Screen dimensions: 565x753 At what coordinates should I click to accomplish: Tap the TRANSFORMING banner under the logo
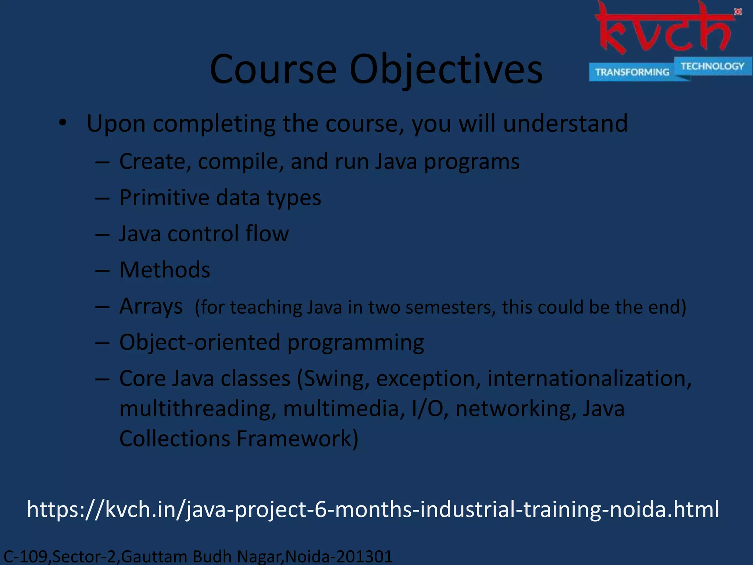click(x=632, y=72)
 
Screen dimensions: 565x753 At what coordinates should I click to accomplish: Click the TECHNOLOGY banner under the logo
click(x=712, y=66)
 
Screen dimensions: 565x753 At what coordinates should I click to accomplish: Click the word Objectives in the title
click(x=446, y=70)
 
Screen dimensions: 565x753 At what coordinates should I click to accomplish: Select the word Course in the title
click(x=273, y=70)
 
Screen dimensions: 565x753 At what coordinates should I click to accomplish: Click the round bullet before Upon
click(x=63, y=123)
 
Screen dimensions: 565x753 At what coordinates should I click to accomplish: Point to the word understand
click(x=565, y=123)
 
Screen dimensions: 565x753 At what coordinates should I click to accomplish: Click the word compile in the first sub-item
click(x=240, y=162)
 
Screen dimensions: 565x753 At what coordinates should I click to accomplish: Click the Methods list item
click(x=165, y=270)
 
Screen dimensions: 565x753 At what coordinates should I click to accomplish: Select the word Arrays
click(x=151, y=306)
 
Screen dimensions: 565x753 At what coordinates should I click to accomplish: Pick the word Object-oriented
click(x=200, y=342)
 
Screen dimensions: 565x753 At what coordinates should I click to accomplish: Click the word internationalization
click(x=589, y=379)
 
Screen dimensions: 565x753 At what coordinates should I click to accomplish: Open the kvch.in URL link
click(x=373, y=509)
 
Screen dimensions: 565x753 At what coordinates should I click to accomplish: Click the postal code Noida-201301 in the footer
click(x=339, y=557)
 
